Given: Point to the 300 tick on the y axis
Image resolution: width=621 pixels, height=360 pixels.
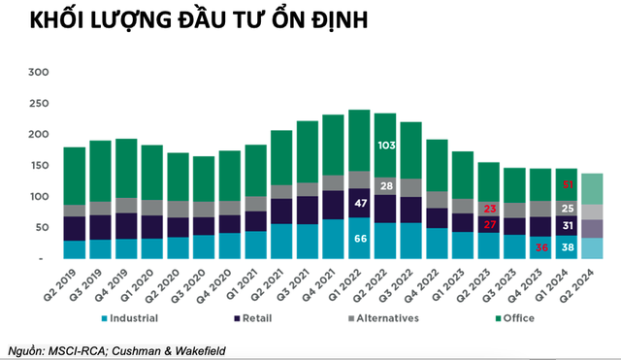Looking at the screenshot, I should (39, 72).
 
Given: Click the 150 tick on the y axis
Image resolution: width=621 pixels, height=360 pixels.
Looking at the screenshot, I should (39, 166).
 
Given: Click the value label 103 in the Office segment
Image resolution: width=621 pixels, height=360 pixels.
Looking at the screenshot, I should (385, 145).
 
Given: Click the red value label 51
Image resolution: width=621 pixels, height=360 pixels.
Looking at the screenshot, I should (567, 183).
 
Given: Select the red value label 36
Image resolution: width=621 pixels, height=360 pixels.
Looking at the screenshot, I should (541, 247).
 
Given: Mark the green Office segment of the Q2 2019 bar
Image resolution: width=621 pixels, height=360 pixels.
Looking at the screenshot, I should (75, 176).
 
